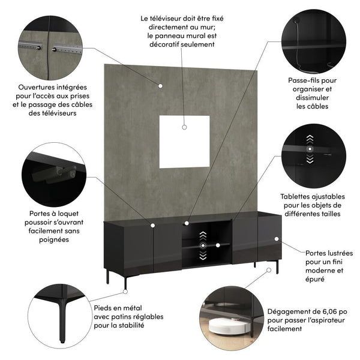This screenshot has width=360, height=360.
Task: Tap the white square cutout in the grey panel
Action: click(x=184, y=142)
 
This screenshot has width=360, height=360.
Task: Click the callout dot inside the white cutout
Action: click(x=185, y=127)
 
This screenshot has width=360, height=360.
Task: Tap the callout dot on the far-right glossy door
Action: click(x=277, y=239)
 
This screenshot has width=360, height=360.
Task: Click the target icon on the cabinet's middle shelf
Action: click(x=203, y=245)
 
